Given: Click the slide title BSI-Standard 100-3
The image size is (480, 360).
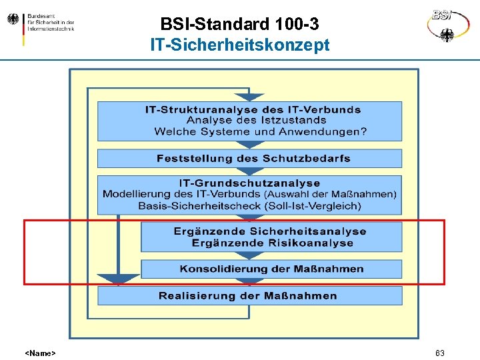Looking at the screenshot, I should [x=239, y=25].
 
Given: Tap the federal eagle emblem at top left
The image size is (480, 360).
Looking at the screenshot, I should [x=13, y=20].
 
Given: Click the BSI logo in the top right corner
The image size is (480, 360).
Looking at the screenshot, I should [x=448, y=25].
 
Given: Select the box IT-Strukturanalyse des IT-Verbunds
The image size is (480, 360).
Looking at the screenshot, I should [x=249, y=121].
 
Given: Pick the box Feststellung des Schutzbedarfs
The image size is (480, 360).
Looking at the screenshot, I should [x=249, y=159].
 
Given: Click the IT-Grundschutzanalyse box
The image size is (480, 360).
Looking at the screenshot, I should [x=249, y=194].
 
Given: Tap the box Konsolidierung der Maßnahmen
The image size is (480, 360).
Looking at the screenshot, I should [x=271, y=269].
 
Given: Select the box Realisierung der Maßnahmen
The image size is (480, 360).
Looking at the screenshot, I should [x=249, y=296].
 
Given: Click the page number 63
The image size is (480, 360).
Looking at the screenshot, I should [x=439, y=353].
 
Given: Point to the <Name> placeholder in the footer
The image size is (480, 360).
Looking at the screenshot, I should [x=40, y=353].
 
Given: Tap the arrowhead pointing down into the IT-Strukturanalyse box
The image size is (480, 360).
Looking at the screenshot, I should [x=249, y=97].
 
